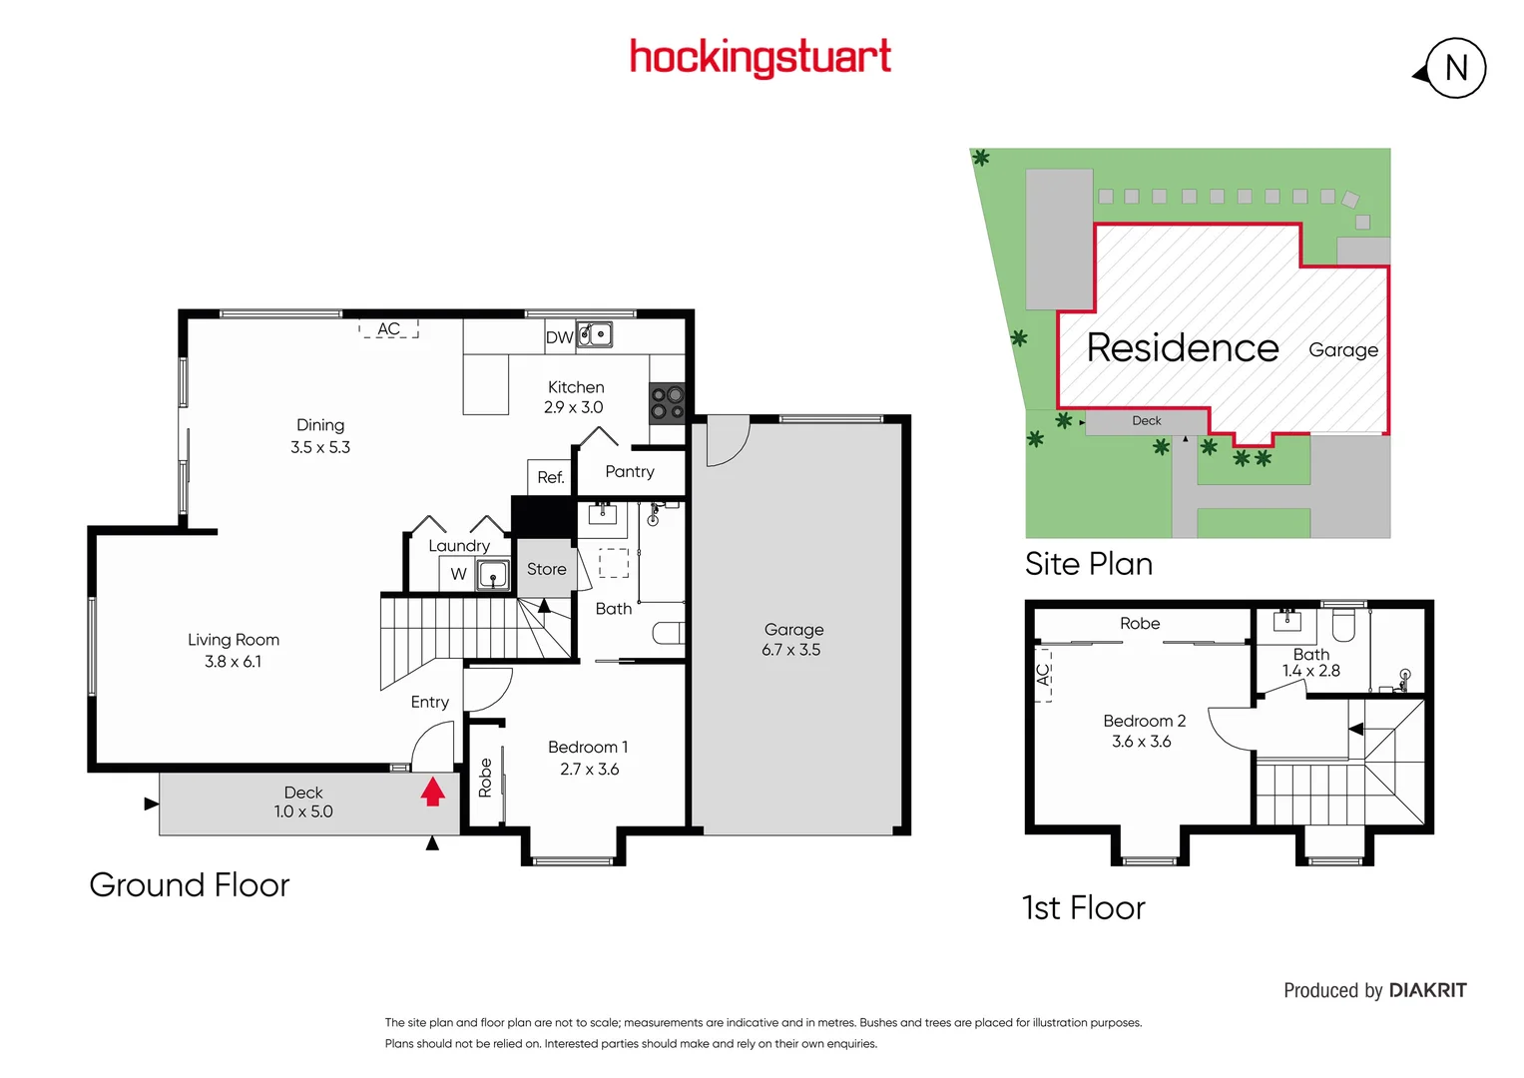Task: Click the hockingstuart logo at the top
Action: click(760, 57)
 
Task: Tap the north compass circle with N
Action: click(1455, 68)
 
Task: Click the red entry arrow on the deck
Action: click(432, 792)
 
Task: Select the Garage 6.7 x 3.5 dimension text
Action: click(791, 650)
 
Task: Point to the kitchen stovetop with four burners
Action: click(667, 402)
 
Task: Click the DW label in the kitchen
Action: click(559, 337)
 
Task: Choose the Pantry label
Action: click(630, 471)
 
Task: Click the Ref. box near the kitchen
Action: click(550, 477)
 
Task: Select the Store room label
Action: click(546, 569)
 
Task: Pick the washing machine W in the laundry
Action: click(458, 574)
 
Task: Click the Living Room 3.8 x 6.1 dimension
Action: click(234, 662)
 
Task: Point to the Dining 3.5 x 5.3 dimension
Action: click(320, 447)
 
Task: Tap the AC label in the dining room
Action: click(388, 329)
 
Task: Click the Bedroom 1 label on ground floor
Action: click(588, 747)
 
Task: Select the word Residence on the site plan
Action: click(1183, 347)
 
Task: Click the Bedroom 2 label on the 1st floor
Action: click(1144, 721)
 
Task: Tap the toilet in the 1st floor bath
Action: click(1343, 625)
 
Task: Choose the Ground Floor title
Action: click(190, 884)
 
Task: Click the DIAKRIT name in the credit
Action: click(1427, 990)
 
